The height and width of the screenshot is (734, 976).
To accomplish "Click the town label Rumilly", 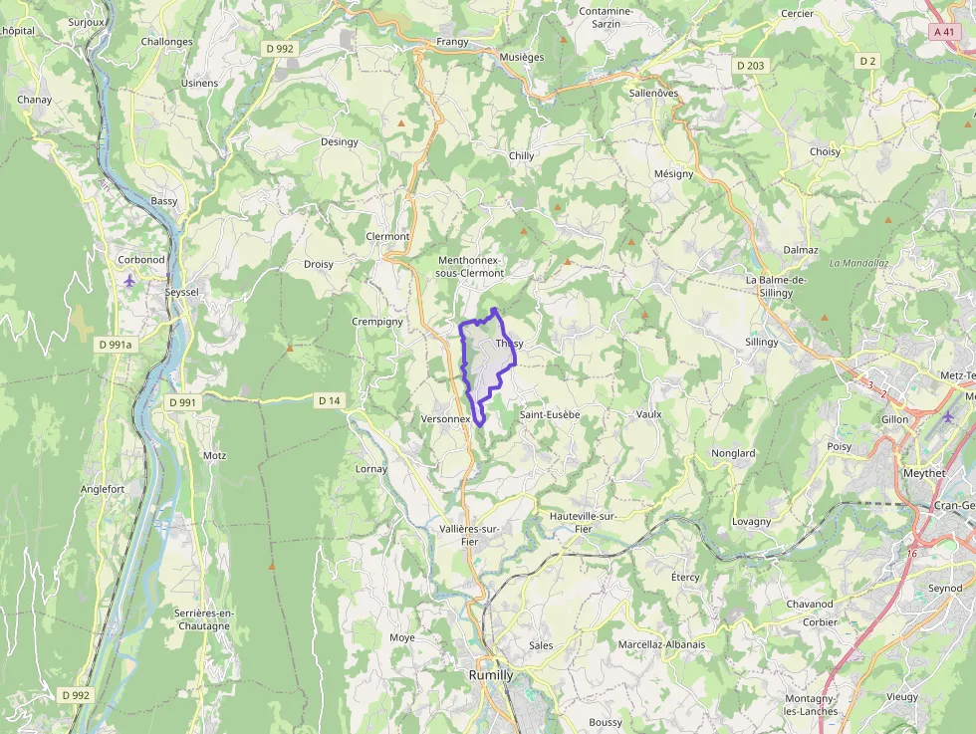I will coord(491,674).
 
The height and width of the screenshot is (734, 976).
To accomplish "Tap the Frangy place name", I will coord(452,42).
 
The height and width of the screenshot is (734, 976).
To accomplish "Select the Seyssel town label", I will coord(181,292).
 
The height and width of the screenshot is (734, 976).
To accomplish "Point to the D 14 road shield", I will coord(329,400).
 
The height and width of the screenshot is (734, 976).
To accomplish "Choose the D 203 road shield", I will coord(751,66).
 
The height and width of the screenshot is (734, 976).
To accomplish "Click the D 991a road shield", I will coord(116,344).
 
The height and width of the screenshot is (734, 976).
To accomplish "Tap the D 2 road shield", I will coord(867,61).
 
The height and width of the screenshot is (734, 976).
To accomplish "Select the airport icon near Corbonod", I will coord(129,281).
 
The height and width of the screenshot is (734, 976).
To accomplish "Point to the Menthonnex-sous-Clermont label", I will coord(471,266).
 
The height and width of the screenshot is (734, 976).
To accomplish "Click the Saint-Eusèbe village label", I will coord(550,413).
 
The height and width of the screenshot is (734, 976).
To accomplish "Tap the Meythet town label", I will coord(923,473).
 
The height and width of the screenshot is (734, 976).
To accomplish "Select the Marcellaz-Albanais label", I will coord(661,644).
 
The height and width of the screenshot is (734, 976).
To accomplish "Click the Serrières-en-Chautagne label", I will coord(201,618).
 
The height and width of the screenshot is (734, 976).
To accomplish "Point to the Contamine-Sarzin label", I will coord(606,18).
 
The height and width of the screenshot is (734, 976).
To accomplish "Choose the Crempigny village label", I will coord(377,322).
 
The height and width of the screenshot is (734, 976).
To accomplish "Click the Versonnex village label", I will coord(445,419).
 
